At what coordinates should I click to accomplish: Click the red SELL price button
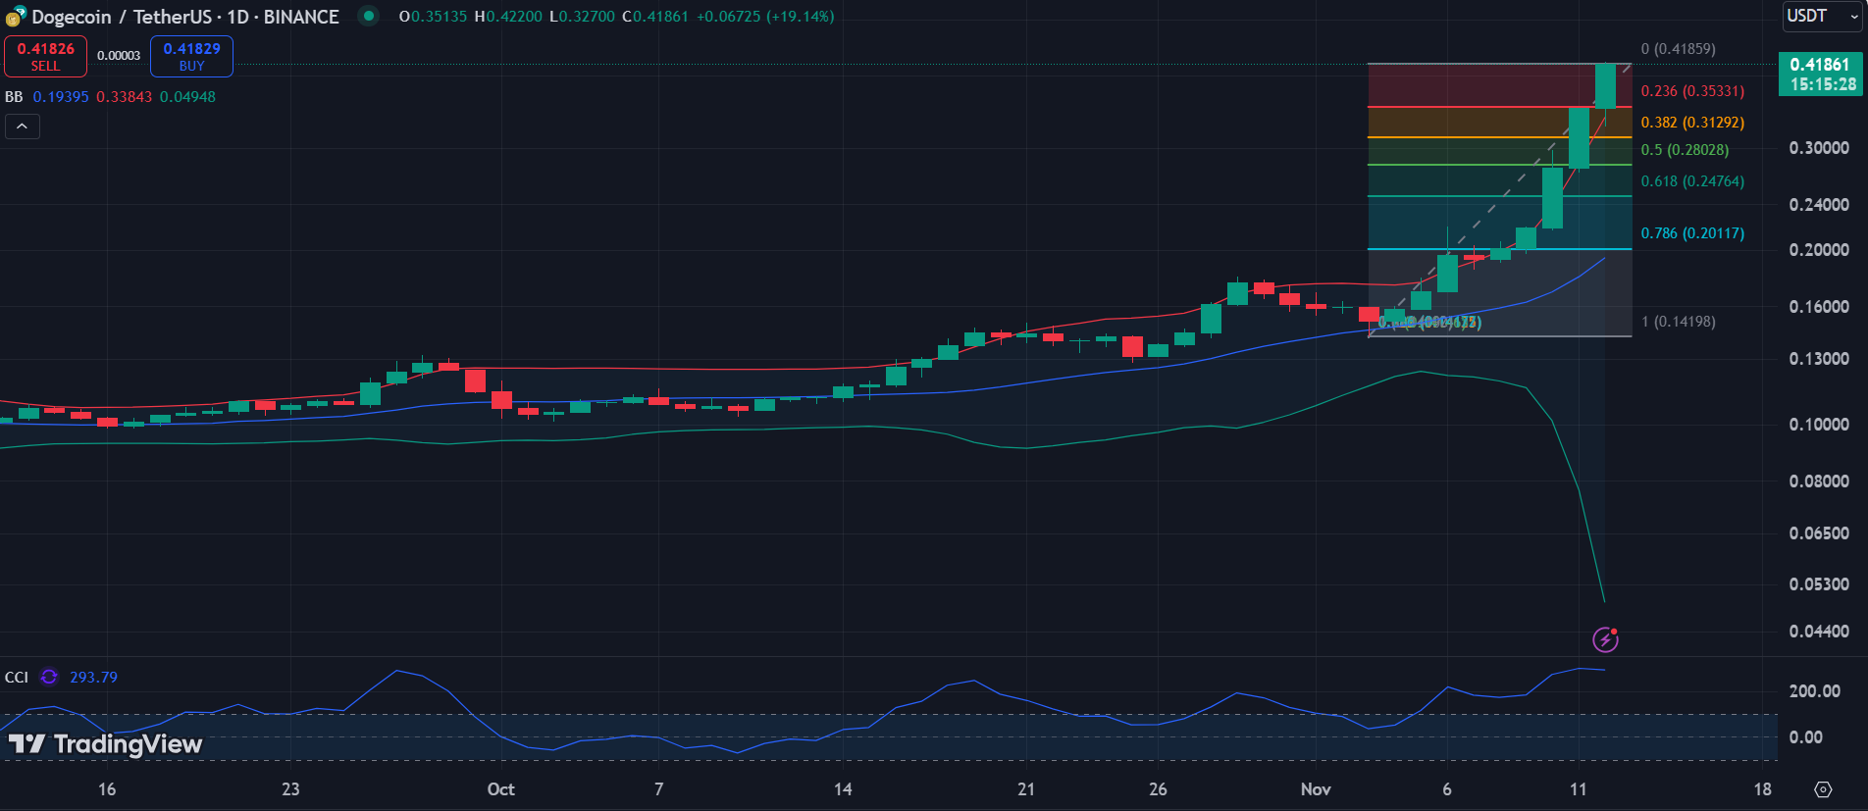45,56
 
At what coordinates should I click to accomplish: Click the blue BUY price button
191,56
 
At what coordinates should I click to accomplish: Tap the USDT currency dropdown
1821,16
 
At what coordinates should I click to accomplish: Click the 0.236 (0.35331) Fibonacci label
1692,91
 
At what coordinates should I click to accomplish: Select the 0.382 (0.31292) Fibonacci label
1692,123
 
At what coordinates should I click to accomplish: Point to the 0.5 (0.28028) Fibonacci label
1685,150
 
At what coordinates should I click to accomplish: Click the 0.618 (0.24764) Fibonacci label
1692,181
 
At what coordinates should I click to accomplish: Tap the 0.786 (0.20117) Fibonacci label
1692,233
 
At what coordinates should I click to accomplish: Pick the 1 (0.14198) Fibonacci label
1678,322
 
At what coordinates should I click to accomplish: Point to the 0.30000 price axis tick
1818,148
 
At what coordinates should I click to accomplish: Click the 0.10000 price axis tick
1818,425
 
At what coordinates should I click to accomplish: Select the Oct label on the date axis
500,789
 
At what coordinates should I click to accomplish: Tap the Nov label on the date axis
1315,789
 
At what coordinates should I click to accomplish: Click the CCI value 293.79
93,678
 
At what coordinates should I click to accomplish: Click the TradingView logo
106,744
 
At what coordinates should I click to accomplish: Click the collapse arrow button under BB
22,127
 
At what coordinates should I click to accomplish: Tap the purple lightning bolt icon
1605,640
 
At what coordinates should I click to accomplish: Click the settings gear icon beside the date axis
1823,789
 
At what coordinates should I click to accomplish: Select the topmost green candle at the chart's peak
1605,86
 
